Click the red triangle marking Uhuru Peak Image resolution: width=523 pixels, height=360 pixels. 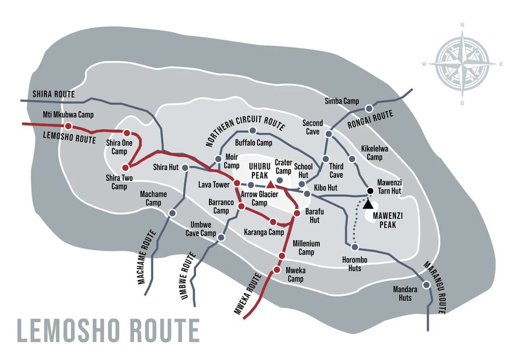click(x=270, y=177)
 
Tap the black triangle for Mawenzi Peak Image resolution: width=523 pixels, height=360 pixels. click(x=368, y=204)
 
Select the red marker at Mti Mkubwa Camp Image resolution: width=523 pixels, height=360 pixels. click(x=68, y=126)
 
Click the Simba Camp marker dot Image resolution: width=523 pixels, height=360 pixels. click(x=369, y=108)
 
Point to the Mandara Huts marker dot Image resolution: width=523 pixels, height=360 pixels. click(x=426, y=285)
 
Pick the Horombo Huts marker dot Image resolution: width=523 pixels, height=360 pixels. click(x=354, y=248)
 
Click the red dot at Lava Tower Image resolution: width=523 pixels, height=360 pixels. click(x=237, y=183)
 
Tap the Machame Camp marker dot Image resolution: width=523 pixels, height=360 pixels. click(x=172, y=213)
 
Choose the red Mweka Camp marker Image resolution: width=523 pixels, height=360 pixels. click(x=277, y=269)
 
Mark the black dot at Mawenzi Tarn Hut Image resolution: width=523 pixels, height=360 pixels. click(x=370, y=191)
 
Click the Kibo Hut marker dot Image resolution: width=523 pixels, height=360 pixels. click(x=307, y=194)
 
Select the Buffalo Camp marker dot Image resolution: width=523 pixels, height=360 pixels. click(x=252, y=131)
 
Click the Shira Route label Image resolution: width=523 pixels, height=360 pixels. click(x=54, y=94)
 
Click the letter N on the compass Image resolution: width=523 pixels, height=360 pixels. click(x=462, y=25)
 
